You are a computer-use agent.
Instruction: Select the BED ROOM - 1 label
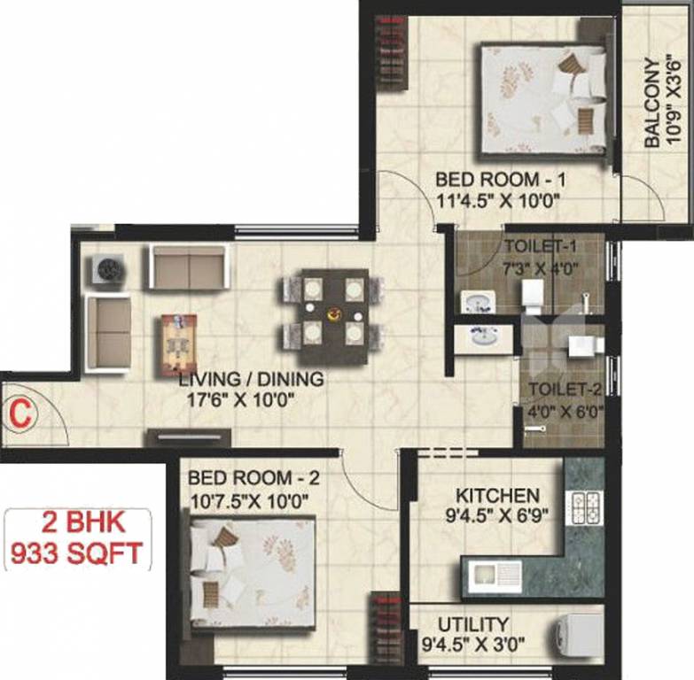tap(501, 181)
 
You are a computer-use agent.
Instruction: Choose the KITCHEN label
tap(497, 494)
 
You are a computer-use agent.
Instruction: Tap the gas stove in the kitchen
tap(586, 507)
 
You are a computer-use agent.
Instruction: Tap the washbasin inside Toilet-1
tap(480, 299)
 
